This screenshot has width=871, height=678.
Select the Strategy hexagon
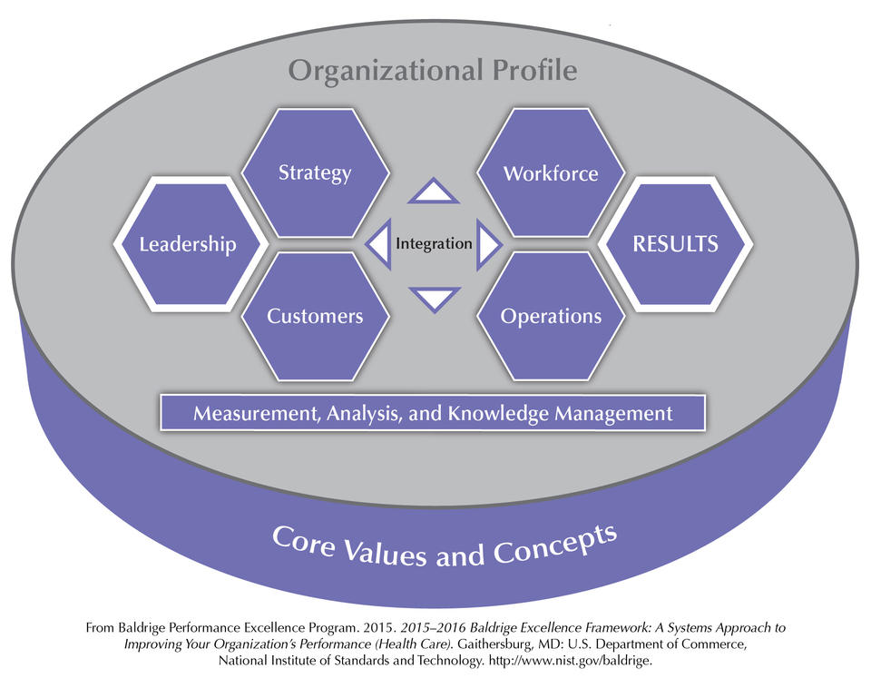point(315,172)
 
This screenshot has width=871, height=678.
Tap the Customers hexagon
point(315,316)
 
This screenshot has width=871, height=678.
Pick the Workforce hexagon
point(551,172)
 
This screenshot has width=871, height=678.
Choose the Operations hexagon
point(551,316)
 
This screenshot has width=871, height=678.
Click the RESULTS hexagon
point(675,244)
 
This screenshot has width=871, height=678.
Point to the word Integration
point(434,243)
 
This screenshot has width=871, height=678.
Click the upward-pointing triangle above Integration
point(434,192)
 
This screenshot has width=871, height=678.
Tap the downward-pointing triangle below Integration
point(435,299)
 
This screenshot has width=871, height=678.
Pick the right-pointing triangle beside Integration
point(488,245)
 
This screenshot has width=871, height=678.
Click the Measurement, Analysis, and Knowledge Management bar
point(433,413)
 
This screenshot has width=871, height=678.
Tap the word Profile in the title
point(535,70)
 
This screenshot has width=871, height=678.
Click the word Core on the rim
point(303,540)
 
